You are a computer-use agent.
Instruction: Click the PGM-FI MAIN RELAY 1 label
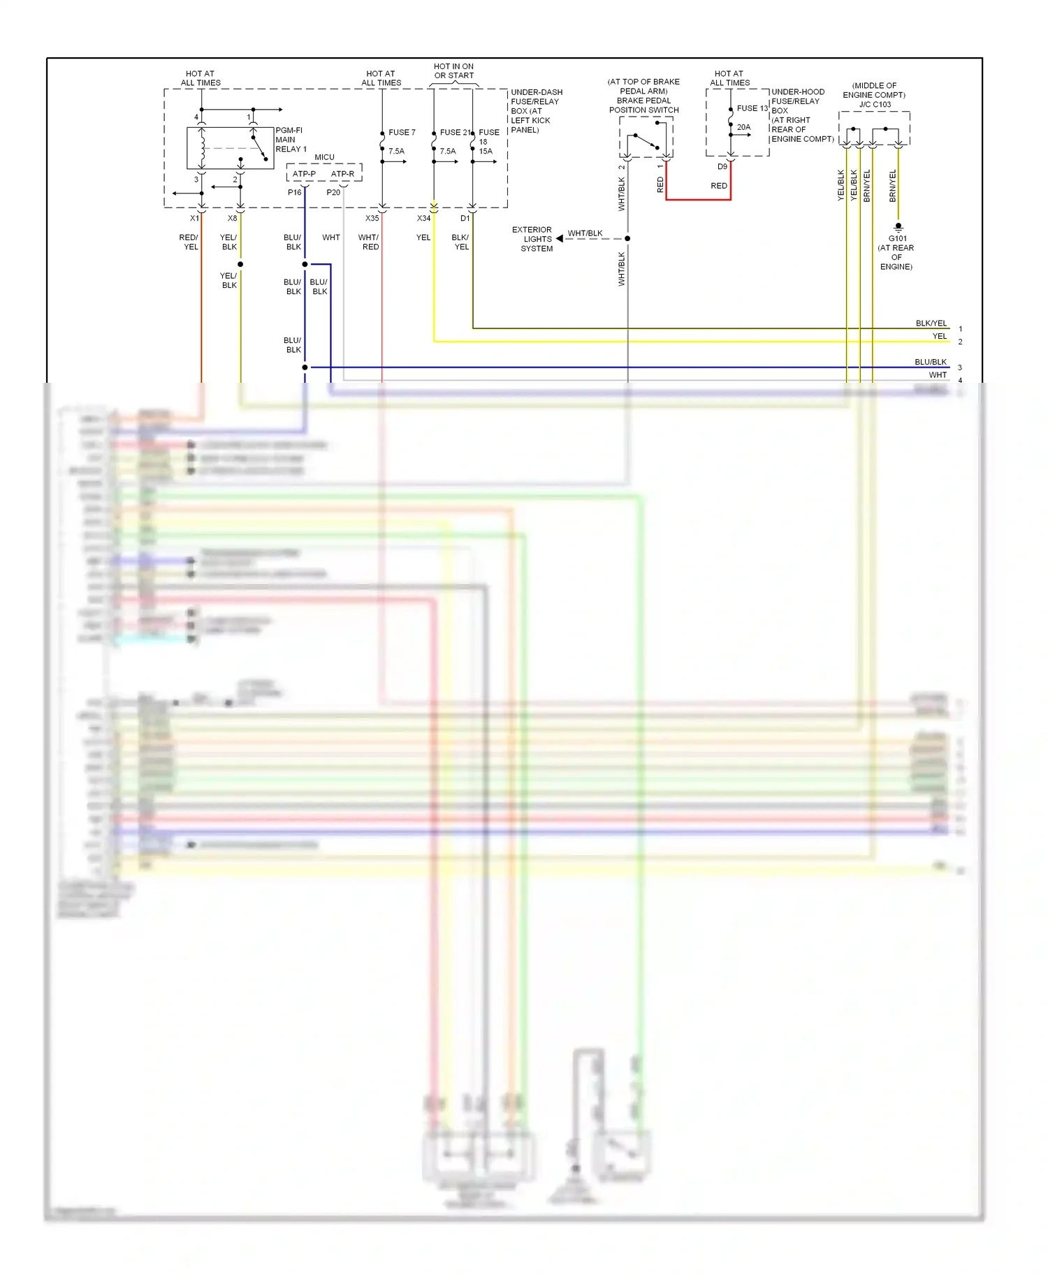pos(290,140)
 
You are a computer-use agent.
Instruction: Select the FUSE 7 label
pos(402,132)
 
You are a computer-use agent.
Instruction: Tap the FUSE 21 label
pos(455,132)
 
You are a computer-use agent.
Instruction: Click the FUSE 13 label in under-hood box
pos(752,108)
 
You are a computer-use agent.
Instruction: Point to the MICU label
pos(324,157)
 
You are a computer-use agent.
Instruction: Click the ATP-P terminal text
pos(304,174)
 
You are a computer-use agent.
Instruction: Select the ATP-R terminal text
pos(342,174)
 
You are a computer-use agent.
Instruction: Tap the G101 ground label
pos(897,239)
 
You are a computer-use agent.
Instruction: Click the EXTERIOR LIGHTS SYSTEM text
pos(534,239)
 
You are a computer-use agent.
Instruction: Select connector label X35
pos(372,219)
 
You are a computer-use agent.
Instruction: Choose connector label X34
pos(423,219)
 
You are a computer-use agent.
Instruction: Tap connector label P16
pos(294,192)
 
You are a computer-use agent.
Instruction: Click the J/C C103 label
pos(875,105)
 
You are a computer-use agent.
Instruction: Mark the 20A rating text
pos(743,127)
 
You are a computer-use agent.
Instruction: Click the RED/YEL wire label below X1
pos(189,242)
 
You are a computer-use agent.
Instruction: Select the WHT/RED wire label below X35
pos(369,242)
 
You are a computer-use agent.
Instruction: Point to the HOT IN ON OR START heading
pos(453,71)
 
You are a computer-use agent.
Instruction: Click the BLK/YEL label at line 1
pos(931,323)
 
